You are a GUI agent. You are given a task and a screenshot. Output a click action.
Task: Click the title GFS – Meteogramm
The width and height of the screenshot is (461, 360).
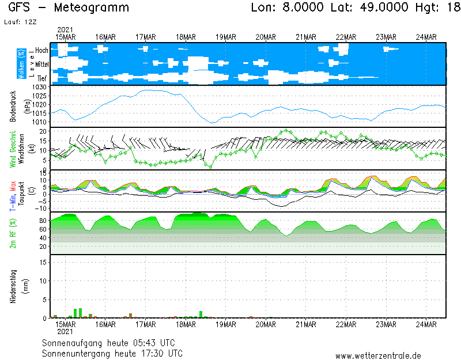(x=69, y=8)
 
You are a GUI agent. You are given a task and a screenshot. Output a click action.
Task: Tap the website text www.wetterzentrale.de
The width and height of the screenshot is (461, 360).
(x=378, y=355)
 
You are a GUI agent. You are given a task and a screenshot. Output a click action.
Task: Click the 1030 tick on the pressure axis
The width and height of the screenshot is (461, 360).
(x=40, y=87)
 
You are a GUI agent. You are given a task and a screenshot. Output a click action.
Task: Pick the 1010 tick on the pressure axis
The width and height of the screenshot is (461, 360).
(x=40, y=122)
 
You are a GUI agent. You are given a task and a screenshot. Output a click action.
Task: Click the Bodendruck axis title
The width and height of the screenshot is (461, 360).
(x=13, y=106)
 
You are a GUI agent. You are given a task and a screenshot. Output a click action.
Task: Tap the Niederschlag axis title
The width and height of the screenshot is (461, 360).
(x=13, y=286)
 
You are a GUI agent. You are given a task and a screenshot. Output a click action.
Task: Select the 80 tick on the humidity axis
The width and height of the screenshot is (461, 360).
(x=43, y=221)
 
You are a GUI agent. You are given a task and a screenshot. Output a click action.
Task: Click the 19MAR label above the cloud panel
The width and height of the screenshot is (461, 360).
(x=226, y=37)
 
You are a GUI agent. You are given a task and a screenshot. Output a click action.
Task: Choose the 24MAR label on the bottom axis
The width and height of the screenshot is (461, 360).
(x=426, y=324)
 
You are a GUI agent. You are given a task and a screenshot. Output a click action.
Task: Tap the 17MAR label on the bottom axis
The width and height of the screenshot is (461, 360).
(x=146, y=324)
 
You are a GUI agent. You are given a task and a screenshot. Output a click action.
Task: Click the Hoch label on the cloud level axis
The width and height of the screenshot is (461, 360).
(x=41, y=51)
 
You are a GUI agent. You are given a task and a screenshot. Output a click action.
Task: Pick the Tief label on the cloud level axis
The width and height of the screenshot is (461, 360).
(x=42, y=77)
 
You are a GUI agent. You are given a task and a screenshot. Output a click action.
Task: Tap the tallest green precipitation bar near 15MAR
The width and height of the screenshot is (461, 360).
(x=75, y=313)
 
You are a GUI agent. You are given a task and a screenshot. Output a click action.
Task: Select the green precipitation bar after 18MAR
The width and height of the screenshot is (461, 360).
(x=201, y=314)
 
